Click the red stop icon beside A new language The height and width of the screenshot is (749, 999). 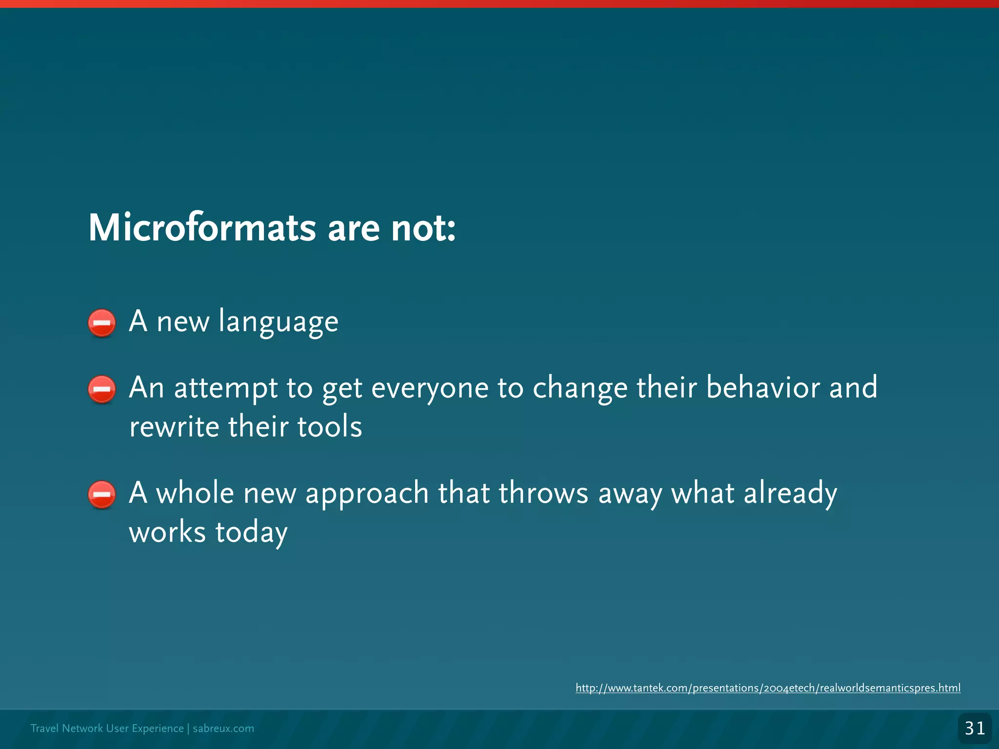(102, 323)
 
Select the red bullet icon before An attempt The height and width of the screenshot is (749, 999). (102, 389)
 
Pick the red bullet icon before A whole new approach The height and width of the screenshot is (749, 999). (102, 494)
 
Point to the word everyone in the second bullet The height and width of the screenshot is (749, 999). (430, 389)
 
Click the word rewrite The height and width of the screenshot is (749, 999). (174, 427)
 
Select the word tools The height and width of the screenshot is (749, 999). (329, 427)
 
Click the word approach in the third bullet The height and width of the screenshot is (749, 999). (367, 494)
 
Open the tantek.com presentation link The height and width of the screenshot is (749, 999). (768, 688)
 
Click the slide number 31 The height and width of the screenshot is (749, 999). (975, 729)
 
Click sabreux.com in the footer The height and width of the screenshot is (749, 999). (223, 729)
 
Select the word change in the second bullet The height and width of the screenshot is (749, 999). (580, 389)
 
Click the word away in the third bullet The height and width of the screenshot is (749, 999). (630, 494)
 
